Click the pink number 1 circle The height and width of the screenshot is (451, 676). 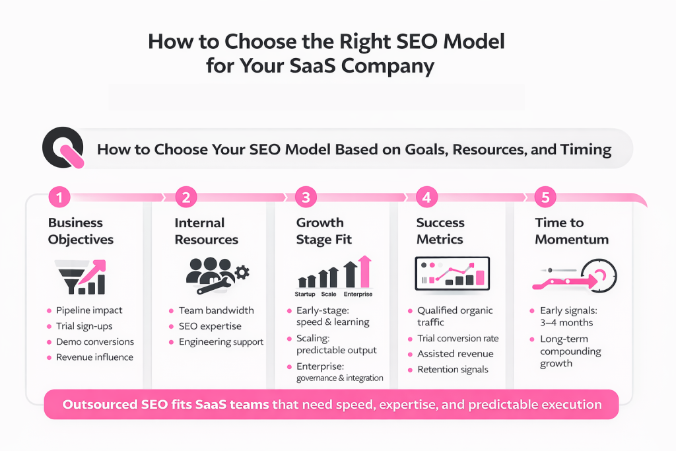pos(59,197)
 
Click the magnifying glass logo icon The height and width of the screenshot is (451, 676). pos(63,149)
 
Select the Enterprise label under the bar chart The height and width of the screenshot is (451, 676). pos(358,294)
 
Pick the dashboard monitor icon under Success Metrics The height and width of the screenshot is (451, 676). pos(452,273)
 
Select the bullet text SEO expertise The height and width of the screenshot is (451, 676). pos(210,326)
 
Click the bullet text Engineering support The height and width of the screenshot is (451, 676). pos(220,341)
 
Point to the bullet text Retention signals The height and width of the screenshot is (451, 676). pos(453,369)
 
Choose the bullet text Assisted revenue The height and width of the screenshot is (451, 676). pos(455,353)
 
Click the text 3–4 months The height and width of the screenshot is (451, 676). pos(566,322)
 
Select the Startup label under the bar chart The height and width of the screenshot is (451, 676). pos(304,294)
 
